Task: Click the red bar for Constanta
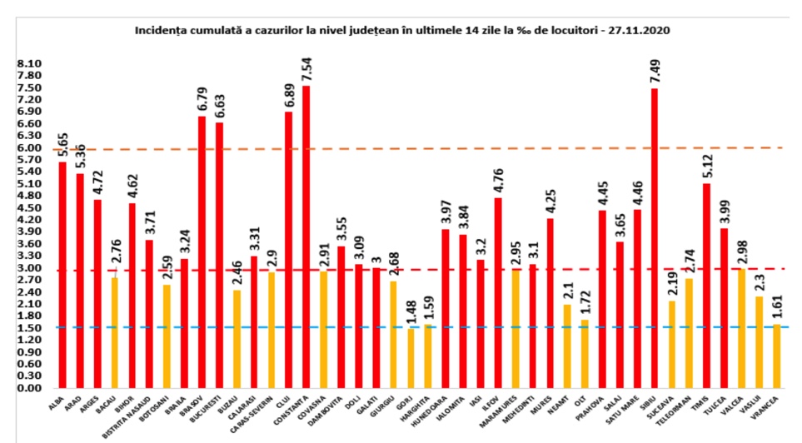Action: click(306, 237)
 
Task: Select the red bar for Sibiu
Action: click(655, 238)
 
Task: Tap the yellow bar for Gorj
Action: click(411, 358)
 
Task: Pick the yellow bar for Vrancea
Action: click(777, 356)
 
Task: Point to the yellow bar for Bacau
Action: click(115, 333)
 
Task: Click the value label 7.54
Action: click(306, 69)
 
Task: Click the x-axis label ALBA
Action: click(58, 405)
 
